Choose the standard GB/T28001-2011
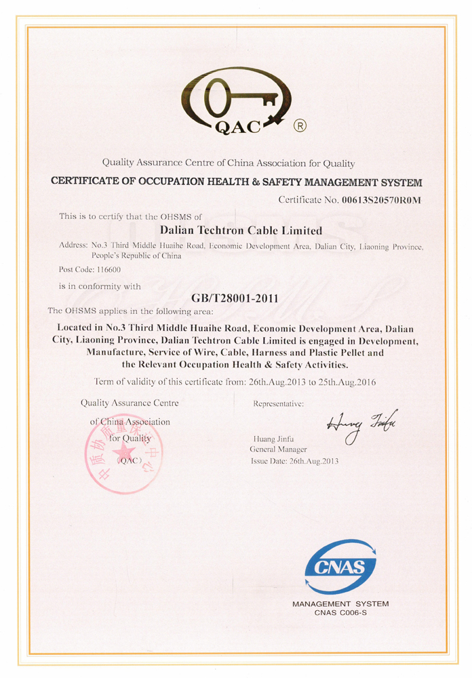pos(235,298)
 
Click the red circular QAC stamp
pos(123,453)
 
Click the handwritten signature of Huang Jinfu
pos(363,426)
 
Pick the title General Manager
pos(278,450)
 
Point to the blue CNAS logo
pos(340,567)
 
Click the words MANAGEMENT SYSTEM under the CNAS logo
pos(340,603)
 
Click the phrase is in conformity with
pos(100,286)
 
